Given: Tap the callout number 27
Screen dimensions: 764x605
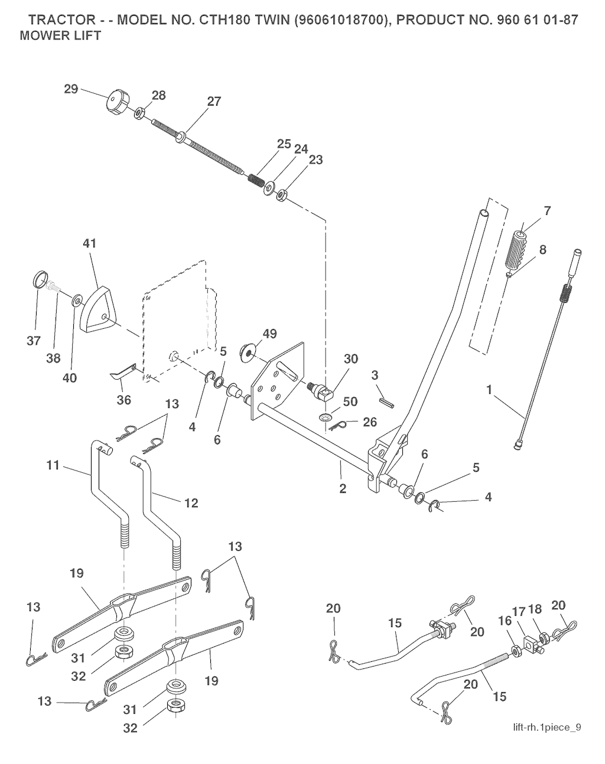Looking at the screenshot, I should [214, 102].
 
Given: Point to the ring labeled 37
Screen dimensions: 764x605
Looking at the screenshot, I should [40, 278].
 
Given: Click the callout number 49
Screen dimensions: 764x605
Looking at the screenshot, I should [269, 334].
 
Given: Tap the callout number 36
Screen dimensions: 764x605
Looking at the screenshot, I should [124, 400].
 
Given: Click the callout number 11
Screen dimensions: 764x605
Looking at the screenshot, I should [53, 466].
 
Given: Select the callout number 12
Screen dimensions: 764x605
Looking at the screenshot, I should [191, 503].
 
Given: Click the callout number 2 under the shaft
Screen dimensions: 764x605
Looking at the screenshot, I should [343, 489].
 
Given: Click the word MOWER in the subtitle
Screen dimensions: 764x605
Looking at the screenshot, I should [40, 35].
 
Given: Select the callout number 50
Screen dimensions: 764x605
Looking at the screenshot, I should [350, 402].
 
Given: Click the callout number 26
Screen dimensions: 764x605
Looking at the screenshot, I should [370, 422].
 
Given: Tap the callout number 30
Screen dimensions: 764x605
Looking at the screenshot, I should [351, 358].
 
